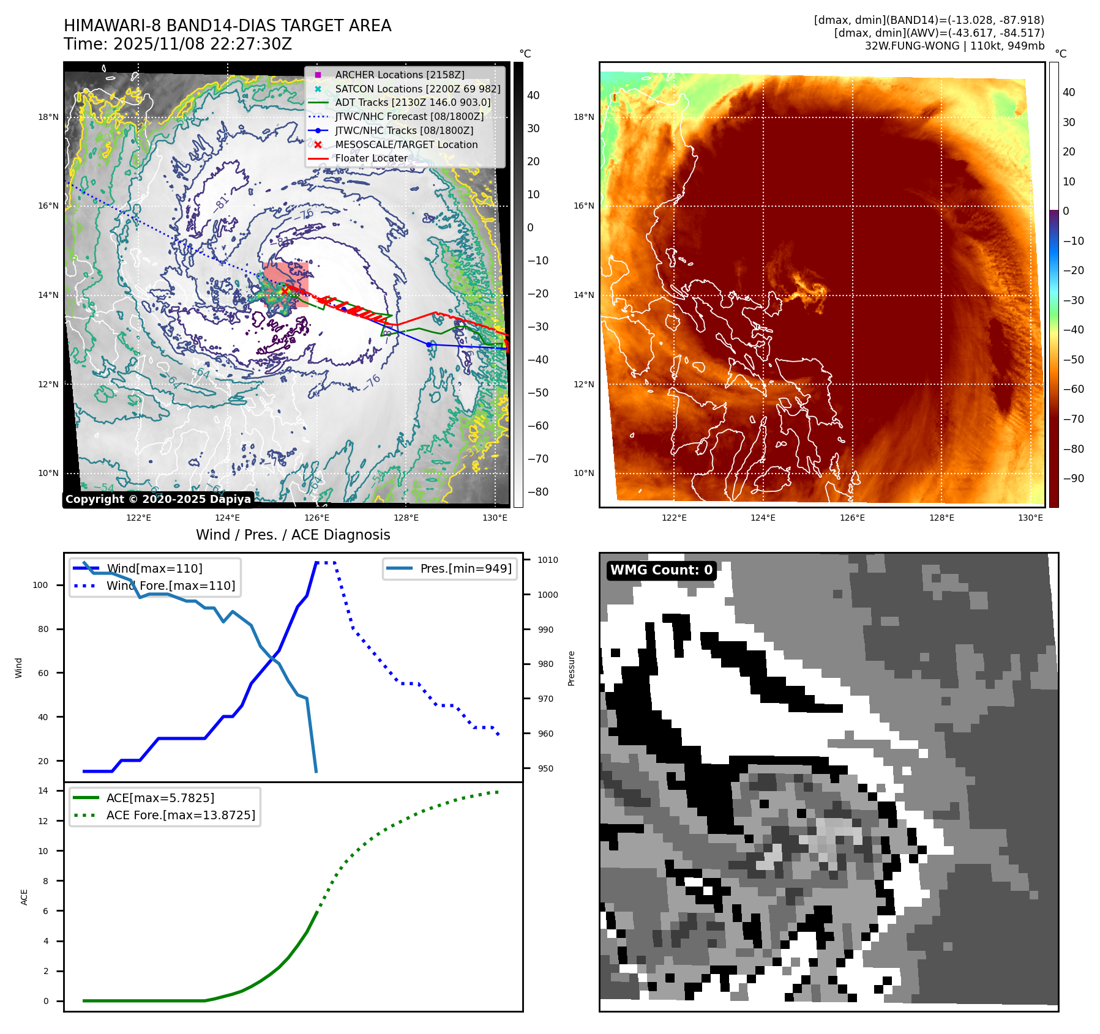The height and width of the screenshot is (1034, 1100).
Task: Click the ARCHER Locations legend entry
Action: click(399, 75)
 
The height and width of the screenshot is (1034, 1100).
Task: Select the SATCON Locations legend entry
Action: click(417, 89)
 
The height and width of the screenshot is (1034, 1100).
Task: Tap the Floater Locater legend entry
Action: click(371, 158)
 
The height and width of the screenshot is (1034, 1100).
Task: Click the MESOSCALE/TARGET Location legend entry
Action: click(406, 144)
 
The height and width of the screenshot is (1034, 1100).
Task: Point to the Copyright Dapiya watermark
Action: click(158, 499)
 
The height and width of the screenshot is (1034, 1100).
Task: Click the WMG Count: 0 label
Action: click(661, 570)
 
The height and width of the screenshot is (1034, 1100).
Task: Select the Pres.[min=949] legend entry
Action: click(465, 568)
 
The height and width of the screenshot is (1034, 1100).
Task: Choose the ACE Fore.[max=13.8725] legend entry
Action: click(180, 815)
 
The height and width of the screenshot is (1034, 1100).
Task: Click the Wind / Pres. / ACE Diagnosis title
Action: click(293, 535)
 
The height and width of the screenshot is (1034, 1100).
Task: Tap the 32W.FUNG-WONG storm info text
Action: click(954, 46)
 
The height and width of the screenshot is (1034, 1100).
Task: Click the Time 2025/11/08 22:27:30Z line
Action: click(178, 44)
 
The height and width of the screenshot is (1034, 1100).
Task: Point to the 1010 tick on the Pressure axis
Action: click(547, 560)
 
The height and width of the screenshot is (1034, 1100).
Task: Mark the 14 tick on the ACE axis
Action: click(43, 790)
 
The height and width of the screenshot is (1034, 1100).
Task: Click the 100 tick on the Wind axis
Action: click(40, 585)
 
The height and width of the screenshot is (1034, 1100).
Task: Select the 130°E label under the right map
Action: click(1030, 518)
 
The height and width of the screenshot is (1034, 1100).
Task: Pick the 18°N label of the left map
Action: click(48, 117)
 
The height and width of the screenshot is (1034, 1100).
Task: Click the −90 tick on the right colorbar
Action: click(1073, 478)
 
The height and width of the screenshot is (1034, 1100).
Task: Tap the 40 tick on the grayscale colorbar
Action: click(533, 95)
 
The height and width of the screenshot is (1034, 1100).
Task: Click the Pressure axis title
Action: click(571, 668)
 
